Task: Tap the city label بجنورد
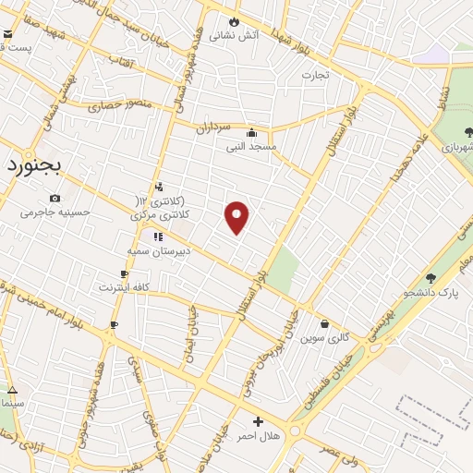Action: click(32, 165)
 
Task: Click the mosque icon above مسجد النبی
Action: click(251, 132)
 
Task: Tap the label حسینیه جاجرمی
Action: click(55, 212)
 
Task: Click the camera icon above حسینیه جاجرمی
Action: click(55, 198)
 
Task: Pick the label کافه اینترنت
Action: click(125, 287)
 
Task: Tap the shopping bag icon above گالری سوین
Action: click(325, 323)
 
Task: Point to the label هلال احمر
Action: click(259, 435)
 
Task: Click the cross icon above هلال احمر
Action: click(259, 421)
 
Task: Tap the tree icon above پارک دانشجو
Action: click(431, 278)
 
